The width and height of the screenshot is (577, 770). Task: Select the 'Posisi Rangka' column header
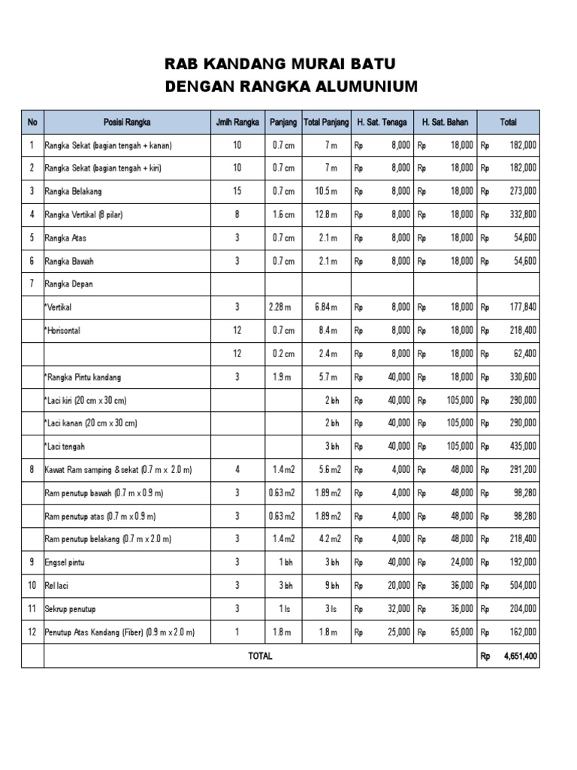(127, 122)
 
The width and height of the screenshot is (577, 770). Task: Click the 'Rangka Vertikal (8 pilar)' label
(83, 215)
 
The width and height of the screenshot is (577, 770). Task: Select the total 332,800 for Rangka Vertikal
(521, 215)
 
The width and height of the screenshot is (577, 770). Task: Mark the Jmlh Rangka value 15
(237, 192)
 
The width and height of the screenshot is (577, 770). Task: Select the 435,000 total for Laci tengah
(521, 447)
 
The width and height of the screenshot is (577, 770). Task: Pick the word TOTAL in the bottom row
(260, 656)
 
